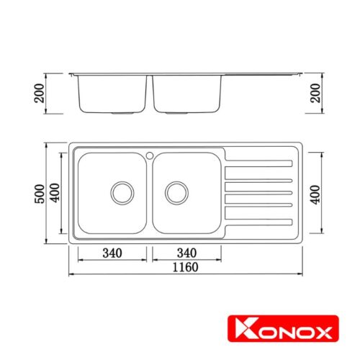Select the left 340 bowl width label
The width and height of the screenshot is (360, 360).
112,253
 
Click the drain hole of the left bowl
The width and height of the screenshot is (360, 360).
122,192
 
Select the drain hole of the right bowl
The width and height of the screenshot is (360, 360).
176,192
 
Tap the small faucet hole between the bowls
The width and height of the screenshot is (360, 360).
149,155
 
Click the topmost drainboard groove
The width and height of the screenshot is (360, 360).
259,161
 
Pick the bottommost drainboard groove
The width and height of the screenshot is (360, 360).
259,222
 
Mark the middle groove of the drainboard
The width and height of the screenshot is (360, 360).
259,192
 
